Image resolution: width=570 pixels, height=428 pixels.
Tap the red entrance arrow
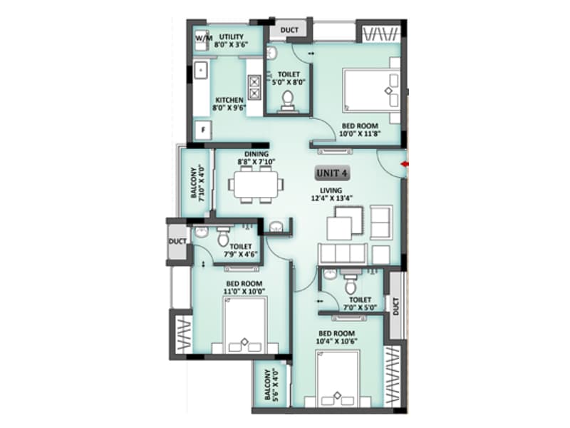[x=405, y=165]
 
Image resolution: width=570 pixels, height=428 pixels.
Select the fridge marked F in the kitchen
[x=202, y=131]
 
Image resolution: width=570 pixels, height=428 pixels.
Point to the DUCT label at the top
[x=289, y=30]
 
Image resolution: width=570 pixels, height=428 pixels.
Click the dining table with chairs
[x=255, y=184]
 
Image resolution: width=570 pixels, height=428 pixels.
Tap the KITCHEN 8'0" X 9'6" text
[x=228, y=104]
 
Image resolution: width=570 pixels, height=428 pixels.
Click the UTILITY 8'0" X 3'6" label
[x=232, y=40]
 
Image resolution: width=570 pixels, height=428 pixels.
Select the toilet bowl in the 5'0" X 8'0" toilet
[x=289, y=101]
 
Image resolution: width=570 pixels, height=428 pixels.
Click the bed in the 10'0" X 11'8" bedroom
[x=370, y=89]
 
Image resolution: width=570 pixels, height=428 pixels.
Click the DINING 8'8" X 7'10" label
[x=256, y=158]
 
